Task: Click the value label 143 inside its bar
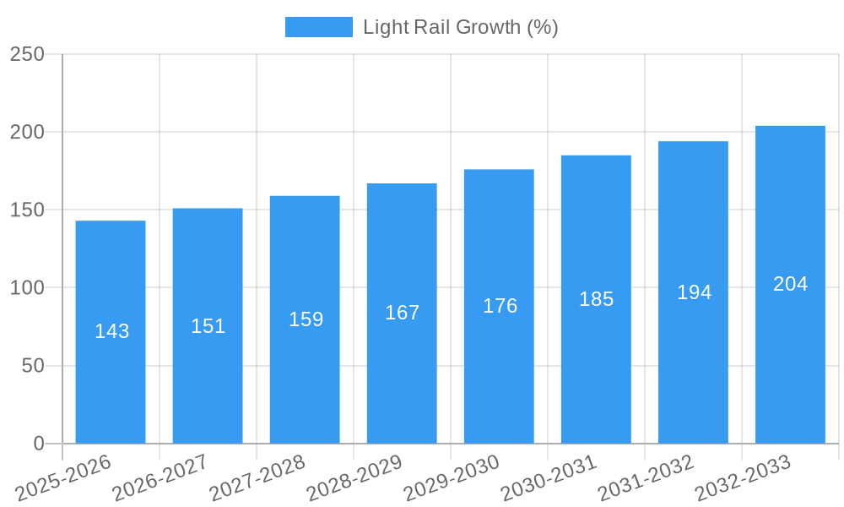point(112,331)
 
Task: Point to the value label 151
point(208,326)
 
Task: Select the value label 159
point(306,319)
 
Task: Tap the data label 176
point(500,306)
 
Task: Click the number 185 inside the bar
point(597,299)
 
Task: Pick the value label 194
point(694,292)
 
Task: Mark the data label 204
point(791,284)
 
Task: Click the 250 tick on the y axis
point(27,54)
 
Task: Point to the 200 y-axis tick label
point(27,132)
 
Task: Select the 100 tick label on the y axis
point(27,288)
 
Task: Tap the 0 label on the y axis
point(39,444)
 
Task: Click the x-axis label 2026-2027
point(160,477)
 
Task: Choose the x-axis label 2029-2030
point(452,477)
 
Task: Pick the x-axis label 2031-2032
point(646,477)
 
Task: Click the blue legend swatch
point(318,27)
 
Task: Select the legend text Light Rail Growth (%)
point(460,27)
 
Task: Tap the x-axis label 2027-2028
point(257,477)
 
